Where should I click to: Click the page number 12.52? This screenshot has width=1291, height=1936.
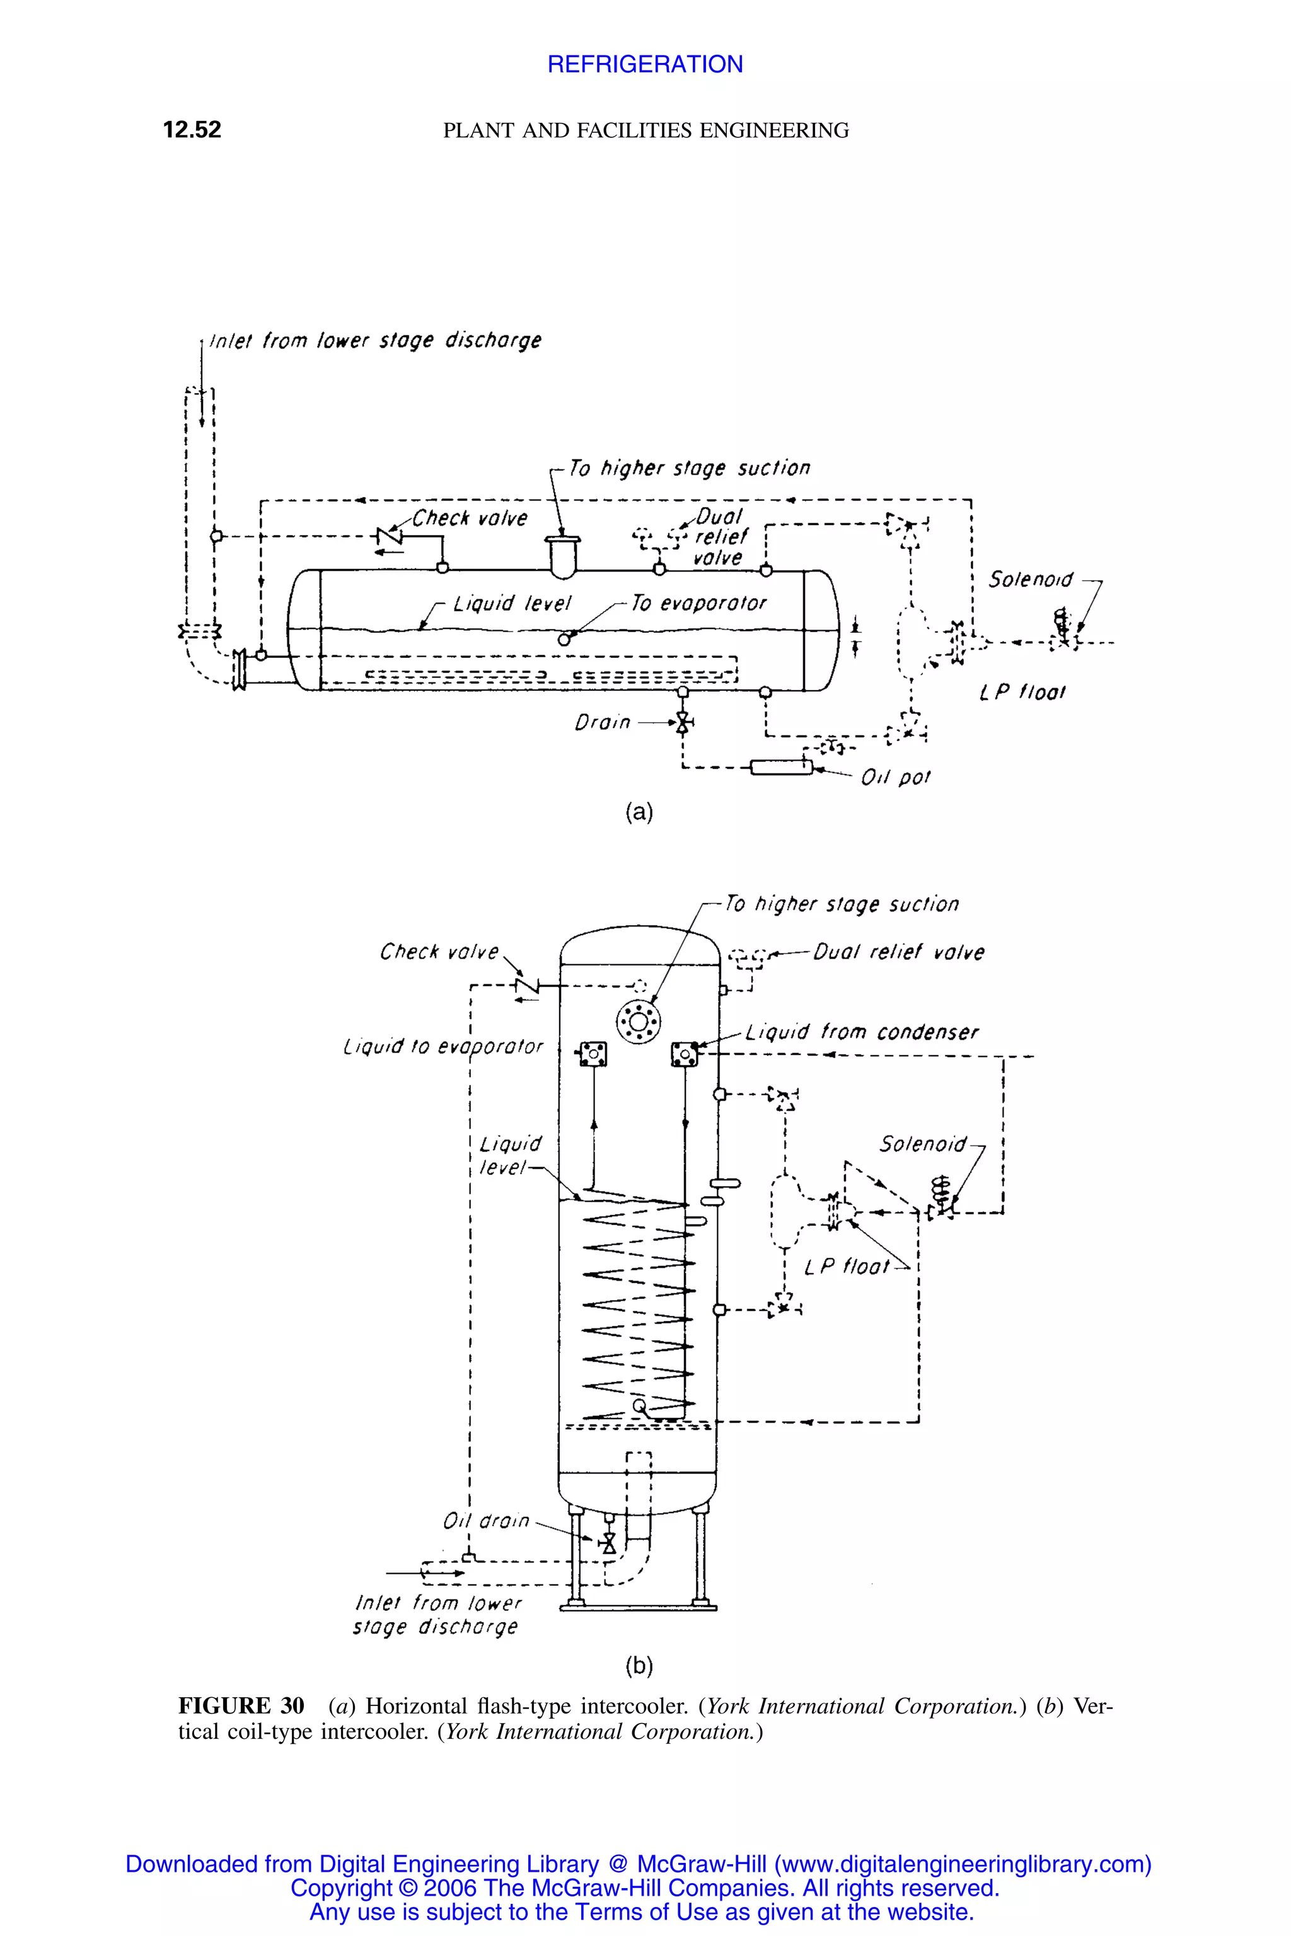[192, 129]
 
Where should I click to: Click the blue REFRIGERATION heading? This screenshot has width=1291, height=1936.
[645, 64]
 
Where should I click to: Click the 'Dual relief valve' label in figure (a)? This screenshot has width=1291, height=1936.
[719, 537]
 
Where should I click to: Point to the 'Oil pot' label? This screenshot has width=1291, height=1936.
[895, 777]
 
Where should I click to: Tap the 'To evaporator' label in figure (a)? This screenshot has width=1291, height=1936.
[698, 603]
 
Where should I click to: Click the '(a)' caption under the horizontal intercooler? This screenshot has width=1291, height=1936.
[639, 812]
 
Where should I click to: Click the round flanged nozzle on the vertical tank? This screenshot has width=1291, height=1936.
[638, 1022]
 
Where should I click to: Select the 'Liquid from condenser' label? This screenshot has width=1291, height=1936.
[861, 1032]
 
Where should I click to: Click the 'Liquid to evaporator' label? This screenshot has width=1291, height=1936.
[443, 1046]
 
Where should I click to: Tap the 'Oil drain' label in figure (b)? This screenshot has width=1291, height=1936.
[486, 1520]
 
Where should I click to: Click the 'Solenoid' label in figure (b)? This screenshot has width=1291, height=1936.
[922, 1144]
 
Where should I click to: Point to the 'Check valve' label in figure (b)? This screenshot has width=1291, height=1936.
[439, 952]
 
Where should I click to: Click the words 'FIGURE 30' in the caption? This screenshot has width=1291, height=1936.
[241, 1705]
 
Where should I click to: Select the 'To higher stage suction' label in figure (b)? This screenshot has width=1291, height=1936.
[842, 904]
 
